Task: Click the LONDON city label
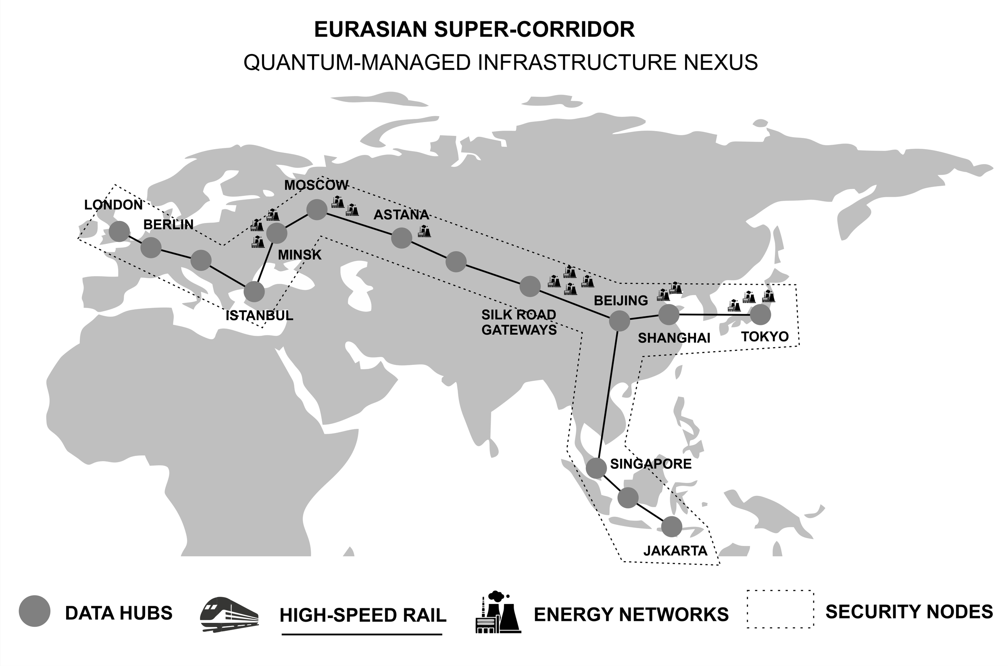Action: pyautogui.click(x=113, y=205)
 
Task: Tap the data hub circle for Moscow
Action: pyautogui.click(x=317, y=209)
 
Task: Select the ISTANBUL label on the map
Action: pyautogui.click(x=259, y=316)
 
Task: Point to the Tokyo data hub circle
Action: pyautogui.click(x=760, y=315)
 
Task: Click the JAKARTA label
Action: pyautogui.click(x=675, y=551)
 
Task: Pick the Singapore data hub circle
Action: pyautogui.click(x=596, y=468)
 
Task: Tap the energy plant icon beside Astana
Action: pyautogui.click(x=424, y=231)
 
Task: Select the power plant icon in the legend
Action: pyautogui.click(x=498, y=612)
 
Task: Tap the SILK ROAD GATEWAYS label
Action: pyautogui.click(x=519, y=322)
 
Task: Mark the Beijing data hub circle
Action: pyautogui.click(x=619, y=321)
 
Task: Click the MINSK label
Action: pyautogui.click(x=300, y=255)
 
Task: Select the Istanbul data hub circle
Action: pyautogui.click(x=254, y=292)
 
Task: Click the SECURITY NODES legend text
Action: pyautogui.click(x=909, y=612)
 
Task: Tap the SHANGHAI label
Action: pyautogui.click(x=674, y=338)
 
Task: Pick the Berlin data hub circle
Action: pyautogui.click(x=151, y=248)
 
